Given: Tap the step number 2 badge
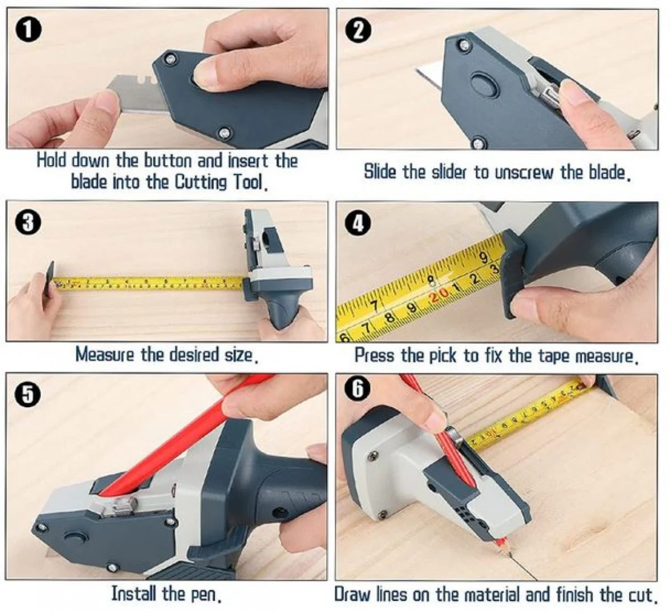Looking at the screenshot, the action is [358, 31].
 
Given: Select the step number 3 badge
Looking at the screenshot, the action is [28, 223].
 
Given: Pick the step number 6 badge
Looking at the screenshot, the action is [357, 388].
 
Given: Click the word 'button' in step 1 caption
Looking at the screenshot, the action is [169, 161].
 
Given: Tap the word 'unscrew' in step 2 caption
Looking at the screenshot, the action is [523, 172].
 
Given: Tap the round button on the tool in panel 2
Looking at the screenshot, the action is [484, 83].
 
